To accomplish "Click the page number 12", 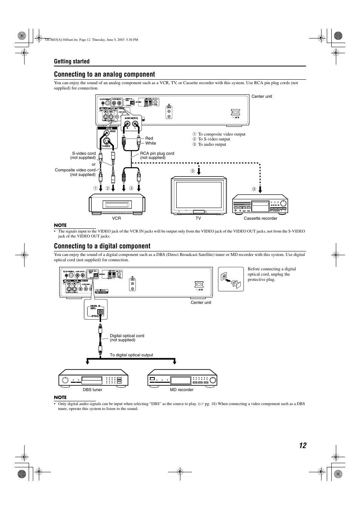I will [x=303, y=445].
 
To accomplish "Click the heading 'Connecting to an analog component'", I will [x=105, y=74].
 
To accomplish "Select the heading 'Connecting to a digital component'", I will [x=102, y=246].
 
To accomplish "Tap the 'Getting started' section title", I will [x=72, y=62].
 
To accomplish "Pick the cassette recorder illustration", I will [x=260, y=204].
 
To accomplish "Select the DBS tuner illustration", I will [x=93, y=377].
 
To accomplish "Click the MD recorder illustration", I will [x=182, y=377].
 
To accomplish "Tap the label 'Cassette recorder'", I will [x=260, y=219].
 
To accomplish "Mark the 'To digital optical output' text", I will [x=131, y=355].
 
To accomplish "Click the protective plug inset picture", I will [x=231, y=279].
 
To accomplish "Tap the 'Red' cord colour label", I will [x=149, y=139].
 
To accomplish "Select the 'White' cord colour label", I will [x=151, y=143].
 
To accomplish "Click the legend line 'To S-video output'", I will [x=214, y=139].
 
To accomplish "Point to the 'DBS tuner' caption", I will [x=92, y=390].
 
